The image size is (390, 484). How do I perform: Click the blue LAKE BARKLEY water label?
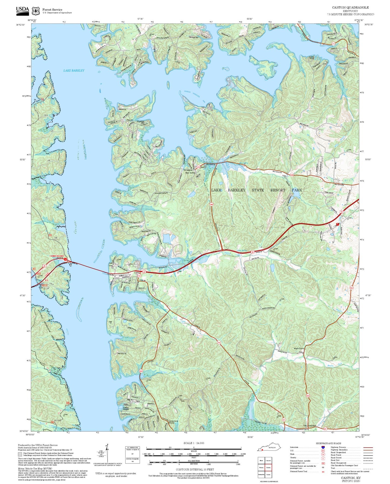[74, 71]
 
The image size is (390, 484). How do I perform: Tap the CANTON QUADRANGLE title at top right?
[350, 8]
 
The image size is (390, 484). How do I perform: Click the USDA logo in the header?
[22, 10]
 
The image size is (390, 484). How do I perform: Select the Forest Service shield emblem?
[36, 11]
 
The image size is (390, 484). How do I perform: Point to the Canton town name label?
[137, 273]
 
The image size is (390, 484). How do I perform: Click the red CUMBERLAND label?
[57, 256]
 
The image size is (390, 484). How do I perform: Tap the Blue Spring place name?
[190, 173]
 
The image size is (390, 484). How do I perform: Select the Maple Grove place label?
[299, 349]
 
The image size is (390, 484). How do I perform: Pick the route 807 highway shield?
[325, 429]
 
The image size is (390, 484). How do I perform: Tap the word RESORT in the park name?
[278, 190]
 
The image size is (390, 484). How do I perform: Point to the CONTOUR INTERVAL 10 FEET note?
[195, 470]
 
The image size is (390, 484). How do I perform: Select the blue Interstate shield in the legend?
[323, 447]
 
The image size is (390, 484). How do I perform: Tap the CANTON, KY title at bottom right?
[351, 478]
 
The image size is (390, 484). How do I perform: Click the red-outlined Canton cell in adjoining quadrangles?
[268, 468]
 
